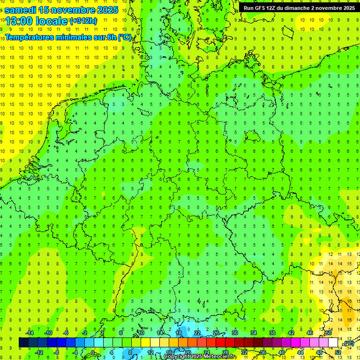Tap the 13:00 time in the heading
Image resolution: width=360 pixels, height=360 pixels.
click(x=18, y=21)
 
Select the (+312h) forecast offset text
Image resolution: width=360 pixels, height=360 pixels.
click(x=83, y=21)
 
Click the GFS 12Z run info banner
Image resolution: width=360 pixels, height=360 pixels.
click(x=299, y=7)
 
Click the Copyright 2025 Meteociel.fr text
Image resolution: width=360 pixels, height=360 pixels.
click(x=199, y=357)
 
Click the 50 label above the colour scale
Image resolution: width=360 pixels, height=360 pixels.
click(x=329, y=333)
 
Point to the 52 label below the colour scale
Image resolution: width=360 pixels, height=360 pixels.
click(x=338, y=352)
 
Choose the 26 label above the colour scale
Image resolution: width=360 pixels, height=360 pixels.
click(x=216, y=333)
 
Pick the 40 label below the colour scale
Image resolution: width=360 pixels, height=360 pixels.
click(x=282, y=352)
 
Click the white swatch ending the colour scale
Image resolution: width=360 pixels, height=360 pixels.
click(x=333, y=343)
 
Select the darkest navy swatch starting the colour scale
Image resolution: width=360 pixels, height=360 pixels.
click(x=23, y=343)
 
